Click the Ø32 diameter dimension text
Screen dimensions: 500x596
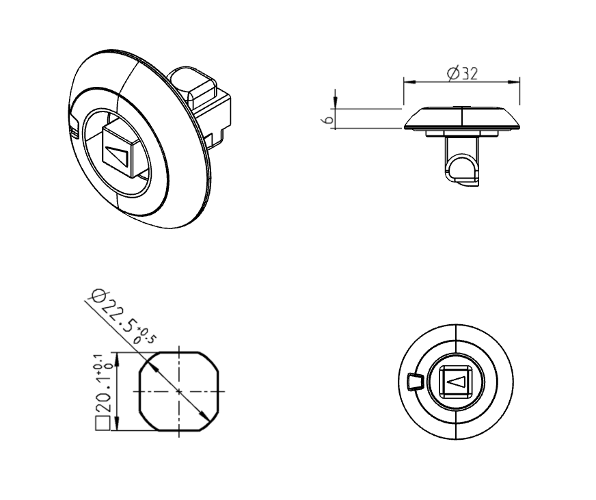coord(462,73)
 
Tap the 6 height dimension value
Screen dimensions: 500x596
coord(328,119)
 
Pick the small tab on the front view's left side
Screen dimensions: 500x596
coord(414,382)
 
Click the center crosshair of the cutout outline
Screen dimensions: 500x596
coord(178,391)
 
